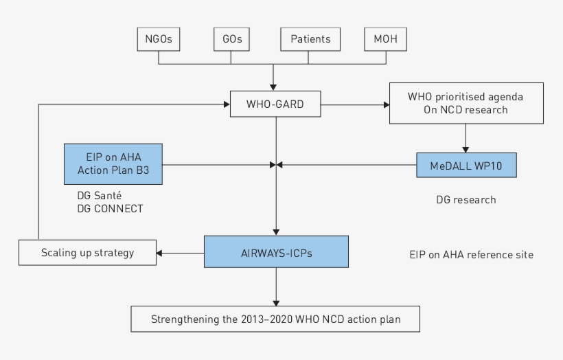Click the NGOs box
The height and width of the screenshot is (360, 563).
[159, 39]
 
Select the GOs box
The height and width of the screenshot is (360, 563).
[231, 39]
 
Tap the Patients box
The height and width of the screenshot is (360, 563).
[310, 39]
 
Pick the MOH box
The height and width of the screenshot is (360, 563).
[384, 39]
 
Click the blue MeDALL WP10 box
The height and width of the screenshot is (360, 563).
[466, 165]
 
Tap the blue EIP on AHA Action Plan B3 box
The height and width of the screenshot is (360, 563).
[113, 164]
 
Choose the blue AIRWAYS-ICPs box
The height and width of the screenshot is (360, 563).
[275, 251]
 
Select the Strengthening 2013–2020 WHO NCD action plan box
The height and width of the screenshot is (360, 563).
[275, 319]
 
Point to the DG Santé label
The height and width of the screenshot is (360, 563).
[99, 196]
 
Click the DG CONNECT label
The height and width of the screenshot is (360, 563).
[110, 208]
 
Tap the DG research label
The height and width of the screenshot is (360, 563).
[466, 200]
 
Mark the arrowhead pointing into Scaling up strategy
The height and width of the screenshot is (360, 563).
[159, 253]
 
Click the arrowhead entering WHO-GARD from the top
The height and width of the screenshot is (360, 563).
[275, 87]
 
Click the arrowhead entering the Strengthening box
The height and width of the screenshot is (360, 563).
[275, 303]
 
